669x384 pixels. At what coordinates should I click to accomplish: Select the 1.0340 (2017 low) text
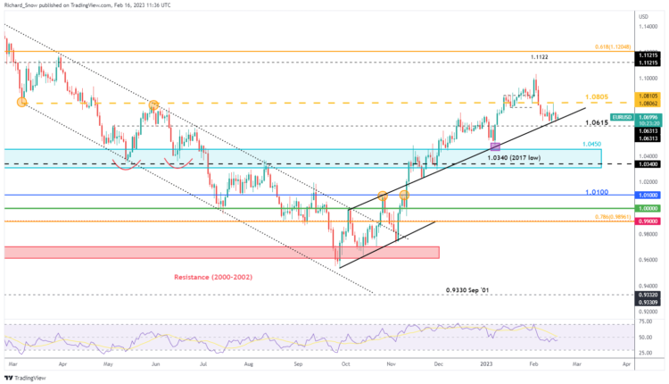point(516,156)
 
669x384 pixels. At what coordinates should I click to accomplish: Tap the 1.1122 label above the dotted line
point(539,57)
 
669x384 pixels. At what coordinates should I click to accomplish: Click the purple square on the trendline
point(496,144)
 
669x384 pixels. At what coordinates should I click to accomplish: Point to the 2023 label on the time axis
point(487,365)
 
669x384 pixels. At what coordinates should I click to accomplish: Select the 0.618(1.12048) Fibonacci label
point(615,46)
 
